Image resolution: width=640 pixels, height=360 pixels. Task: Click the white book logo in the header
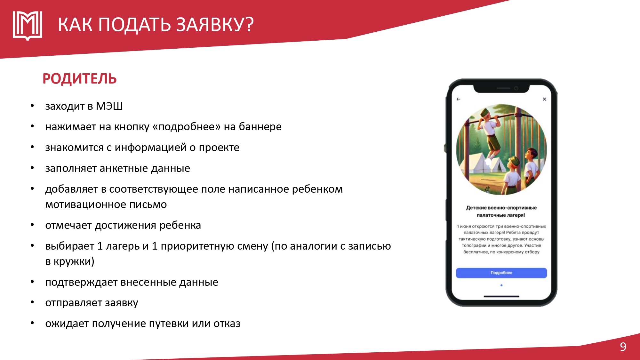[x=28, y=26]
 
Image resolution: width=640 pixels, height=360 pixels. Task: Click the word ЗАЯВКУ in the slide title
[x=215, y=25]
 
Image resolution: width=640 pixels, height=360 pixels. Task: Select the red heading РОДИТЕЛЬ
[x=80, y=79]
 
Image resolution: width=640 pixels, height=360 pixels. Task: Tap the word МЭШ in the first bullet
[x=109, y=106]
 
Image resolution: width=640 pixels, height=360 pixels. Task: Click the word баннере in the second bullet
[x=260, y=127]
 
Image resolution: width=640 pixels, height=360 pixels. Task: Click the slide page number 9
[x=623, y=347]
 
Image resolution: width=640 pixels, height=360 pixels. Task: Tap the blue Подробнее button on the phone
[x=501, y=273]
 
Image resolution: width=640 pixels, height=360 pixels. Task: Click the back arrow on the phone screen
[x=458, y=99]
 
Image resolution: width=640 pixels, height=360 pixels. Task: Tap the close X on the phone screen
[x=544, y=99]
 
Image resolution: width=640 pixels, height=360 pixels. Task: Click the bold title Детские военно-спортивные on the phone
[x=501, y=208]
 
